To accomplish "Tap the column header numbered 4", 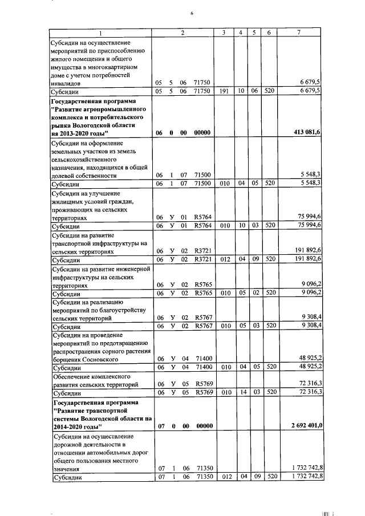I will point(241,33).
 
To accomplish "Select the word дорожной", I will point(68,444).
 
